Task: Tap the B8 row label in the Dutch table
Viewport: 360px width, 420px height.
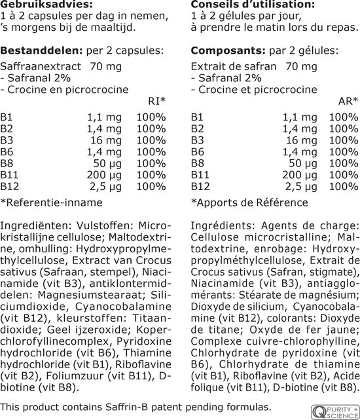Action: (x=7, y=163)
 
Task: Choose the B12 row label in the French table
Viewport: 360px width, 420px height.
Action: (x=200, y=187)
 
